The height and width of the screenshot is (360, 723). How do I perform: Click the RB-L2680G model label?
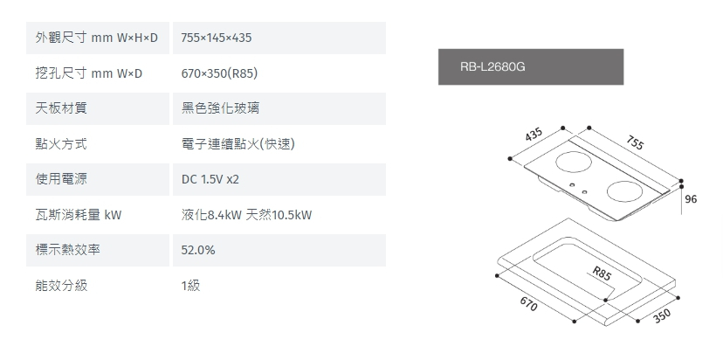(x=492, y=66)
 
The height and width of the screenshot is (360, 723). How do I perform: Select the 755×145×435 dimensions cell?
(x=217, y=38)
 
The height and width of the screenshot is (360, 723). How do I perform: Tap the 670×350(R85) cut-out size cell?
(x=219, y=73)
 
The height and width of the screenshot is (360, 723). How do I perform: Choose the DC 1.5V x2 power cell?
(x=210, y=179)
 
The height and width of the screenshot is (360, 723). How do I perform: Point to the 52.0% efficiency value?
(x=198, y=250)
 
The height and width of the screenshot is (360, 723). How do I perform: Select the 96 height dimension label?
(x=691, y=199)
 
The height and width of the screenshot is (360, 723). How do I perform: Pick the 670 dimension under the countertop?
(x=527, y=305)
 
